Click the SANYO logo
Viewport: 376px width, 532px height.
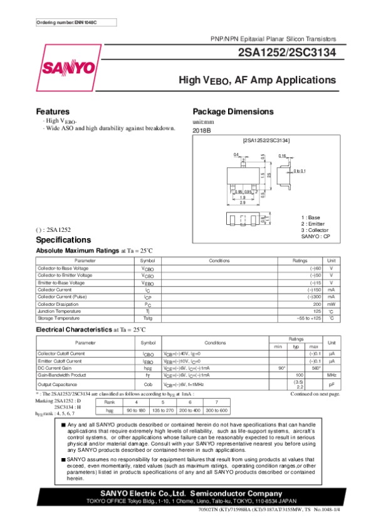[x=68, y=67]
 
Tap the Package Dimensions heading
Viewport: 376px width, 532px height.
[x=232, y=112]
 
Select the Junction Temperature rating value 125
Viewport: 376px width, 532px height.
[x=317, y=311]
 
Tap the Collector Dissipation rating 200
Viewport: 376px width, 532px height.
[x=317, y=304]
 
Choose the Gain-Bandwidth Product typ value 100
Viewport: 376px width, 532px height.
[x=299, y=375]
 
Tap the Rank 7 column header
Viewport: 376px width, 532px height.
[x=217, y=402]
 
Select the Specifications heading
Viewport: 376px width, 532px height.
[x=63, y=240]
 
